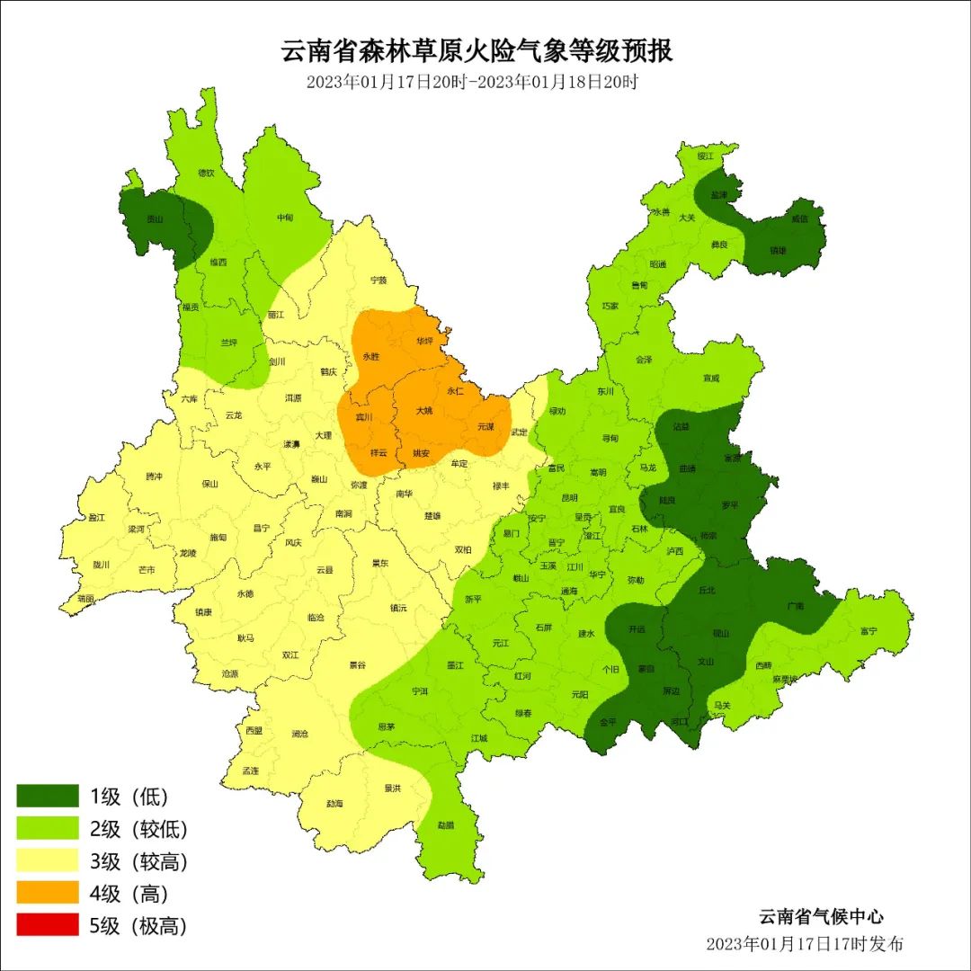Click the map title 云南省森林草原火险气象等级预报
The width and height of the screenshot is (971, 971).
pyautogui.click(x=477, y=50)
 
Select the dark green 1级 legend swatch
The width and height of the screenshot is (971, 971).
pyautogui.click(x=48, y=796)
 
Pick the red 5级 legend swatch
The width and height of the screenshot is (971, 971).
pyautogui.click(x=48, y=925)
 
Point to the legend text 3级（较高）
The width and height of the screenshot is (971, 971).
pyautogui.click(x=138, y=861)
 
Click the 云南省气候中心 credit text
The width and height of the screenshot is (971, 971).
pyautogui.click(x=821, y=917)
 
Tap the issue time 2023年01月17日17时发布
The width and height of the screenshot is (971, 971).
pyautogui.click(x=804, y=944)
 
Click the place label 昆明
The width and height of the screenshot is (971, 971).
pyautogui.click(x=569, y=497)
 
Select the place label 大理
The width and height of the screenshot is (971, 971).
pyautogui.click(x=324, y=435)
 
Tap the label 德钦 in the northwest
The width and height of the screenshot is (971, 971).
pyautogui.click(x=206, y=173)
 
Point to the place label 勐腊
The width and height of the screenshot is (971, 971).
pyautogui.click(x=446, y=824)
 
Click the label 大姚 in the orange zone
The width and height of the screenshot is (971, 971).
pyautogui.click(x=423, y=411)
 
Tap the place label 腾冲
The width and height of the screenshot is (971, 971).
pyautogui.click(x=154, y=477)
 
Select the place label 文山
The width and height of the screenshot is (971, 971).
pyautogui.click(x=706, y=663)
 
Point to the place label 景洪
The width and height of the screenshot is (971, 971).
pyautogui.click(x=392, y=788)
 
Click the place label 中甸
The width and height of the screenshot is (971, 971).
pyautogui.click(x=285, y=218)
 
